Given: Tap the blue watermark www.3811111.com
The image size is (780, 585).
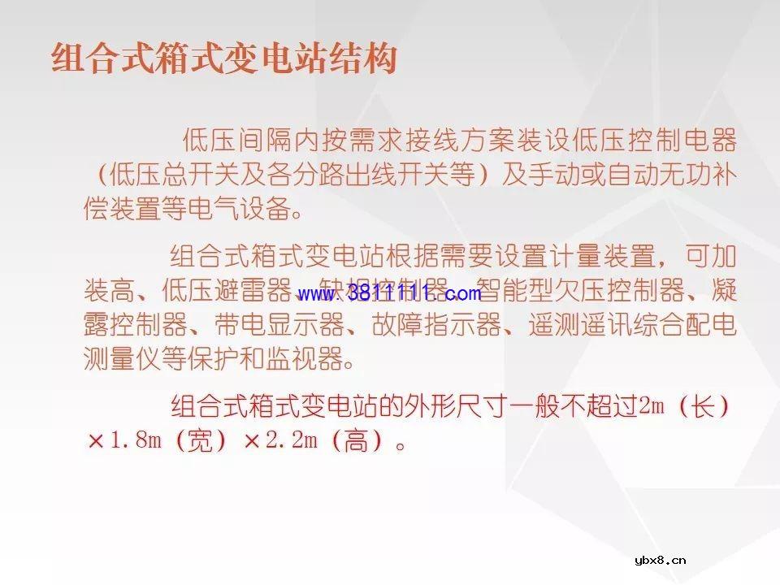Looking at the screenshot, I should (x=389, y=293).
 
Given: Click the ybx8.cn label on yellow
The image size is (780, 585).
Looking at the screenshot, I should (x=659, y=559).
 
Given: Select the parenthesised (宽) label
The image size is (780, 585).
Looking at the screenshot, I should (x=198, y=441).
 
